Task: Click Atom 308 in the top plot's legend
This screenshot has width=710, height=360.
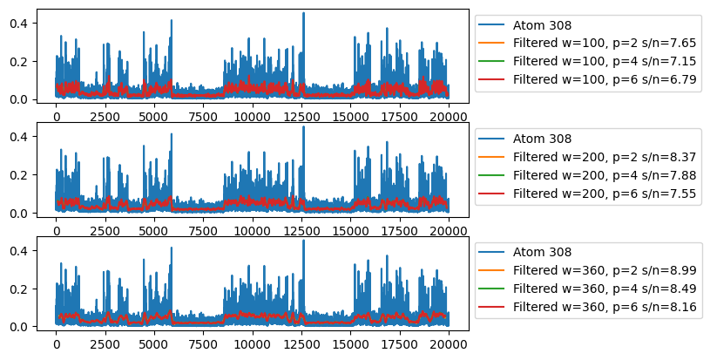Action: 542,25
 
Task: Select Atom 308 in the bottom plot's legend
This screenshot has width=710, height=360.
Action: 542,252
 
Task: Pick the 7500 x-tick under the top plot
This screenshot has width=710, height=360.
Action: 203,117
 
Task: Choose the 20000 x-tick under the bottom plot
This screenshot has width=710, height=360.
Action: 449,344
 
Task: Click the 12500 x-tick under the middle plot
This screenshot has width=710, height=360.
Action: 301,231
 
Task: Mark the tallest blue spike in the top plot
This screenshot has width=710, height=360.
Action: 303,13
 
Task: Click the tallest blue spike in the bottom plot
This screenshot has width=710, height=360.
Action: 303,241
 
